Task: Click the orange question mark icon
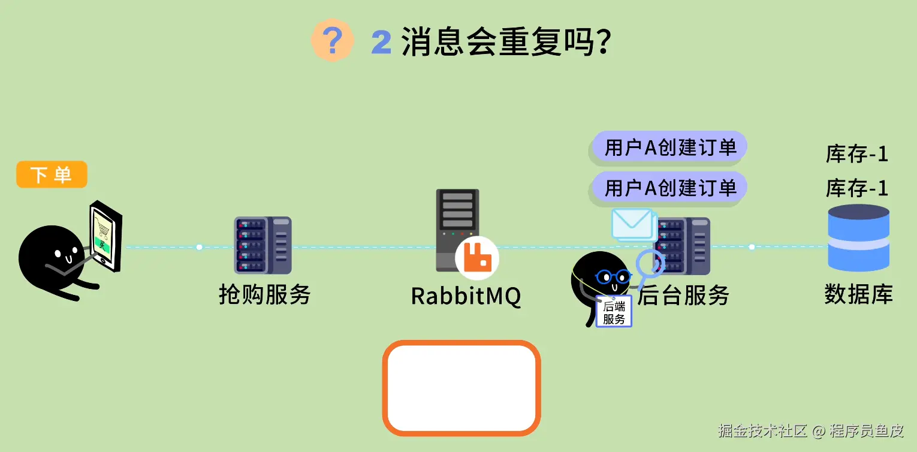tap(332, 40)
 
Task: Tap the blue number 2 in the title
tap(381, 42)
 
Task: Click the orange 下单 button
tap(52, 174)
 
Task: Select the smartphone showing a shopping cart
tap(106, 236)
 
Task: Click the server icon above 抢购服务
tap(263, 245)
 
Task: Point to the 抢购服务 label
tap(265, 294)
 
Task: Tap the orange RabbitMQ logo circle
tap(477, 258)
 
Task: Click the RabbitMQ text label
tap(466, 296)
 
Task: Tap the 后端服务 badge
tap(614, 312)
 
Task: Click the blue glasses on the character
tap(613, 277)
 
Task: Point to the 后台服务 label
tap(683, 295)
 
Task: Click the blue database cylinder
tap(858, 238)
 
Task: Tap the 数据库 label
tap(858, 294)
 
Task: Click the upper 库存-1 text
tap(857, 154)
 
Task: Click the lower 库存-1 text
tap(857, 188)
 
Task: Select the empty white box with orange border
tap(461, 388)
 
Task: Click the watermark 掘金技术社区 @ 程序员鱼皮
tap(811, 430)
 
